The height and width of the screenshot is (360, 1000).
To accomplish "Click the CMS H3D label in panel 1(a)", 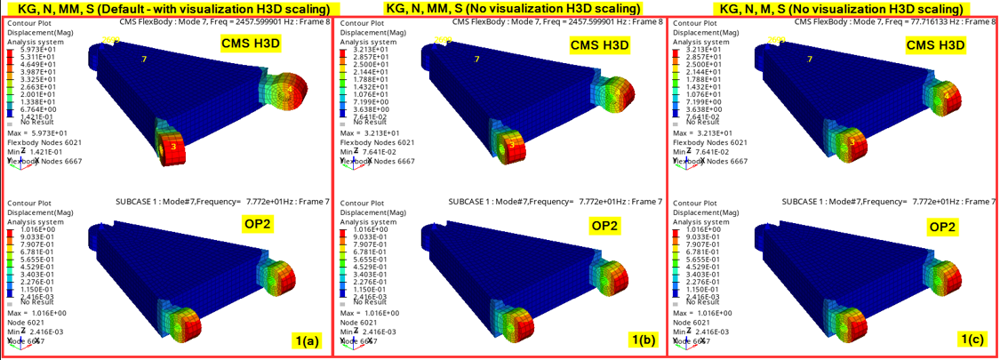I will [x=256, y=44].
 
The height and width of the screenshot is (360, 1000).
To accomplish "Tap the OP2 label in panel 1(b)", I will [x=609, y=226].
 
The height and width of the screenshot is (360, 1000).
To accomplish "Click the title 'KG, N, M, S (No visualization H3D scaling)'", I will [x=833, y=8].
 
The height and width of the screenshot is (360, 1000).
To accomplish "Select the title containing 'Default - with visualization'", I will [x=166, y=8].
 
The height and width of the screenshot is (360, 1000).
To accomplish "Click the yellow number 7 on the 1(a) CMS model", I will [x=144, y=59].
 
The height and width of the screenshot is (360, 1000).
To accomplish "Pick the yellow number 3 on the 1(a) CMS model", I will [x=173, y=146].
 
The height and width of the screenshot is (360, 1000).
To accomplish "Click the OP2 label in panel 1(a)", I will [x=256, y=226].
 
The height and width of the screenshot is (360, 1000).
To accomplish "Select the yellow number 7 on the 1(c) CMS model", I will [x=810, y=59].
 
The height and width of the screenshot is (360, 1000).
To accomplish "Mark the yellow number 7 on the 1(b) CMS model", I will [x=476, y=59].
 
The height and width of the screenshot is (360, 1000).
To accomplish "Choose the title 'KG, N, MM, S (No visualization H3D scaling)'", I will [x=500, y=8].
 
